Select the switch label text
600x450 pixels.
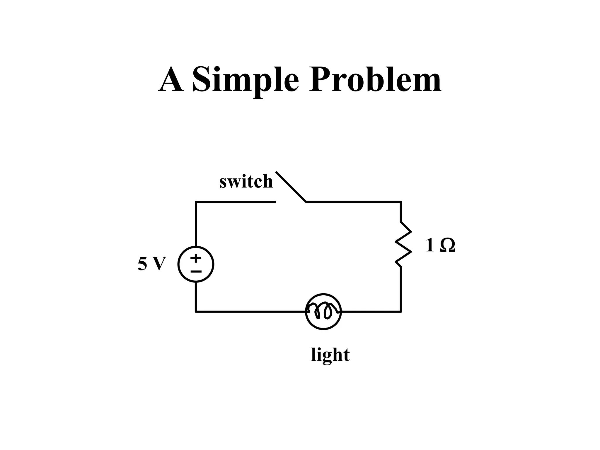pos(246,181)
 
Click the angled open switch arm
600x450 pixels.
pos(291,187)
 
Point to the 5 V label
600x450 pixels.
pos(152,263)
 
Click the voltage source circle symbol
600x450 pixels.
pos(196,264)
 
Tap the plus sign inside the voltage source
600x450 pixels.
pos(196,258)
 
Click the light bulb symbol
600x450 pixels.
pos(323,311)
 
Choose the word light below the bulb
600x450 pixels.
pos(330,355)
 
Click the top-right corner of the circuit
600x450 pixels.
pos(400,202)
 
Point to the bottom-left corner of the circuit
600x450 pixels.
pos(196,311)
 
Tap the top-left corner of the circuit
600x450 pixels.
pos(196,202)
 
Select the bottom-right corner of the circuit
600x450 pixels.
pos(400,311)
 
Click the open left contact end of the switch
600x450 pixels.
pos(275,202)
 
